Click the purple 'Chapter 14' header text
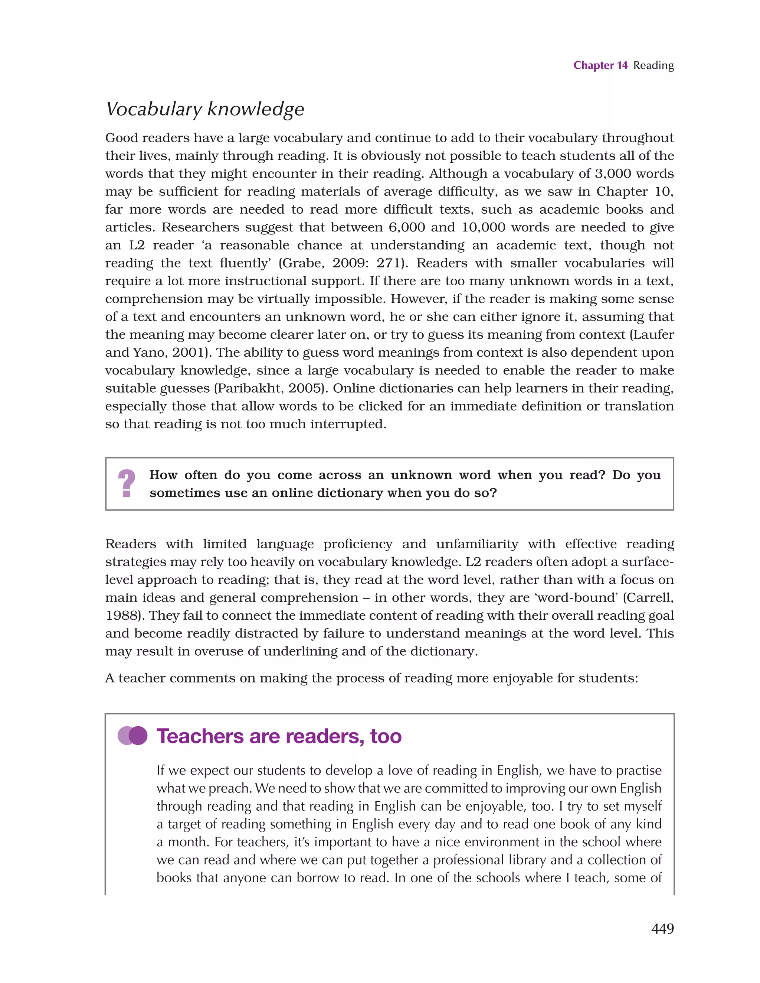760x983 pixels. [x=600, y=66]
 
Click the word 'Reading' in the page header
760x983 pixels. [x=653, y=66]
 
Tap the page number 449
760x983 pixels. [x=662, y=928]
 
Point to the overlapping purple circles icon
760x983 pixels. [x=132, y=736]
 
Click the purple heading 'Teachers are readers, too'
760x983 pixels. [x=279, y=736]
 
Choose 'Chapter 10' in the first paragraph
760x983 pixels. [x=634, y=192]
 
